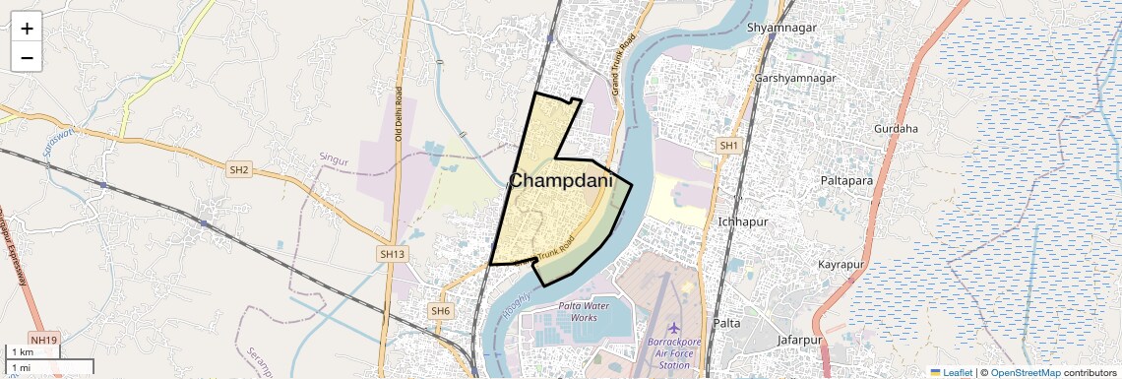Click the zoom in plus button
click(x=27, y=29)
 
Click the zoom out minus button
click(x=27, y=57)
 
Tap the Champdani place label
click(x=561, y=182)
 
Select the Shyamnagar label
click(x=781, y=28)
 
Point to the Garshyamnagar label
click(x=794, y=78)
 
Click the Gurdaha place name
click(x=896, y=129)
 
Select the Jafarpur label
click(x=798, y=340)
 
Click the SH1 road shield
click(x=728, y=146)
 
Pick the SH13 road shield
click(x=392, y=254)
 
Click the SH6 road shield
click(x=440, y=311)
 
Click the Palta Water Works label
click(x=578, y=312)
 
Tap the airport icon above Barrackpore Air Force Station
click(x=674, y=327)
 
